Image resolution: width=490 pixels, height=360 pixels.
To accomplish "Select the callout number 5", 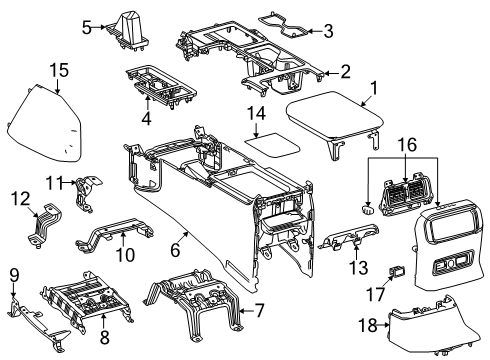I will pos(87,27).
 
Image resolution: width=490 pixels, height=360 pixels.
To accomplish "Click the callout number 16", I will pos(407,144).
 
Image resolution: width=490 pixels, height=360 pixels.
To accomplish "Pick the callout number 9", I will pos(13,274).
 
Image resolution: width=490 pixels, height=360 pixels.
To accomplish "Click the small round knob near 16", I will pos(369,210).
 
